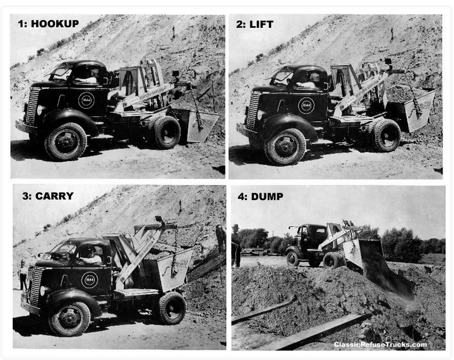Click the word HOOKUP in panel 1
[x=55, y=24]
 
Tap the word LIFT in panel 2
[x=261, y=25]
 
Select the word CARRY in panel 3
[x=54, y=196]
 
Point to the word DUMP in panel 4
[x=267, y=196]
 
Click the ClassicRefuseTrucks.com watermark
[x=380, y=344]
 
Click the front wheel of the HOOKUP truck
[x=66, y=141]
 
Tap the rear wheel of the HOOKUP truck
[x=166, y=133]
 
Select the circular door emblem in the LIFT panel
[x=306, y=105]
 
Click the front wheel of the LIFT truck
[x=285, y=147]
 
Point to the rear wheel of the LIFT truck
[x=386, y=135]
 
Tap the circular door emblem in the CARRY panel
[x=90, y=280]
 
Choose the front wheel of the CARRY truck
[x=69, y=319]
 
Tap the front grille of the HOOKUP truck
[x=32, y=106]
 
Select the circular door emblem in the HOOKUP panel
[x=87, y=100]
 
